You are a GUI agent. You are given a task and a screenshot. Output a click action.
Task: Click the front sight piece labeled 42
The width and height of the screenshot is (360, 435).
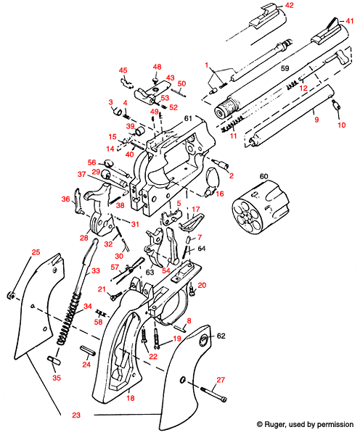pyautogui.click(x=261, y=15)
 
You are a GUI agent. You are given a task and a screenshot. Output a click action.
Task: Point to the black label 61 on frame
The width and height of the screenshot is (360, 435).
pyautogui.click(x=187, y=118)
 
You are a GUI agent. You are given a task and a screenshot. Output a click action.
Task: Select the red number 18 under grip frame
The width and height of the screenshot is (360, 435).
pyautogui.click(x=131, y=398)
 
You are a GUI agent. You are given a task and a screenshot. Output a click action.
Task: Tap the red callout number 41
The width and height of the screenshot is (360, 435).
pyautogui.click(x=350, y=22)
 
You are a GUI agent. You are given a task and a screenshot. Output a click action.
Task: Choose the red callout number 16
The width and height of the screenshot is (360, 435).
pyautogui.click(x=221, y=194)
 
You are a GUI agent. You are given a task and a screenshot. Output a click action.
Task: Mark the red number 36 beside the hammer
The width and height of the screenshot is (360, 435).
pyautogui.click(x=65, y=199)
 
